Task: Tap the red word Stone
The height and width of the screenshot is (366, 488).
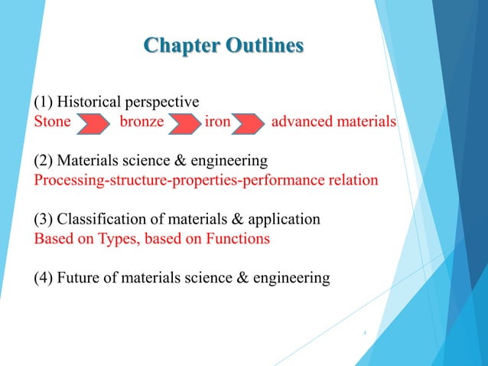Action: coord(52,122)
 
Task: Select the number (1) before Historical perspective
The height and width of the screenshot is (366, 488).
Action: coord(44,102)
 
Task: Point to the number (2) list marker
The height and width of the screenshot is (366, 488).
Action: coord(44,161)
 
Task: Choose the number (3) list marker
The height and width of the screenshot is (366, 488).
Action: coord(44,220)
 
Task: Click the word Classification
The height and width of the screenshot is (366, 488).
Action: coord(103,220)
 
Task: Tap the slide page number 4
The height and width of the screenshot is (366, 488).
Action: coord(365,333)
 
